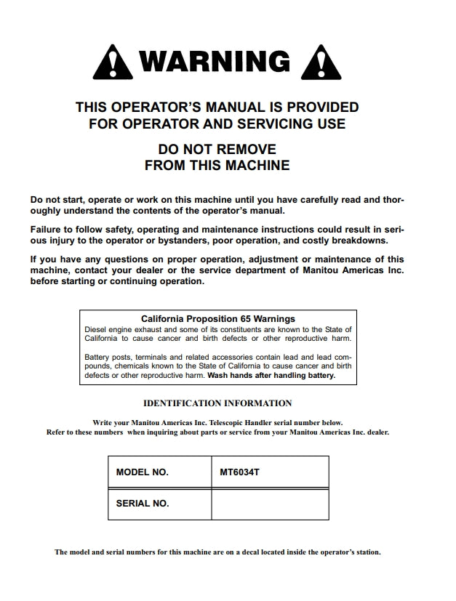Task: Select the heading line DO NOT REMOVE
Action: click(x=217, y=149)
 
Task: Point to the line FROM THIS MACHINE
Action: click(x=217, y=166)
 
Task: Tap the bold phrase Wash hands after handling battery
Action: click(x=271, y=376)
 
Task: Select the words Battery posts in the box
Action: click(x=108, y=357)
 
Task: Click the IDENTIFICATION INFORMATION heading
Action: click(x=217, y=403)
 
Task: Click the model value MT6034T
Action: click(x=239, y=472)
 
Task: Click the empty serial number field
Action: click(x=270, y=503)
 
